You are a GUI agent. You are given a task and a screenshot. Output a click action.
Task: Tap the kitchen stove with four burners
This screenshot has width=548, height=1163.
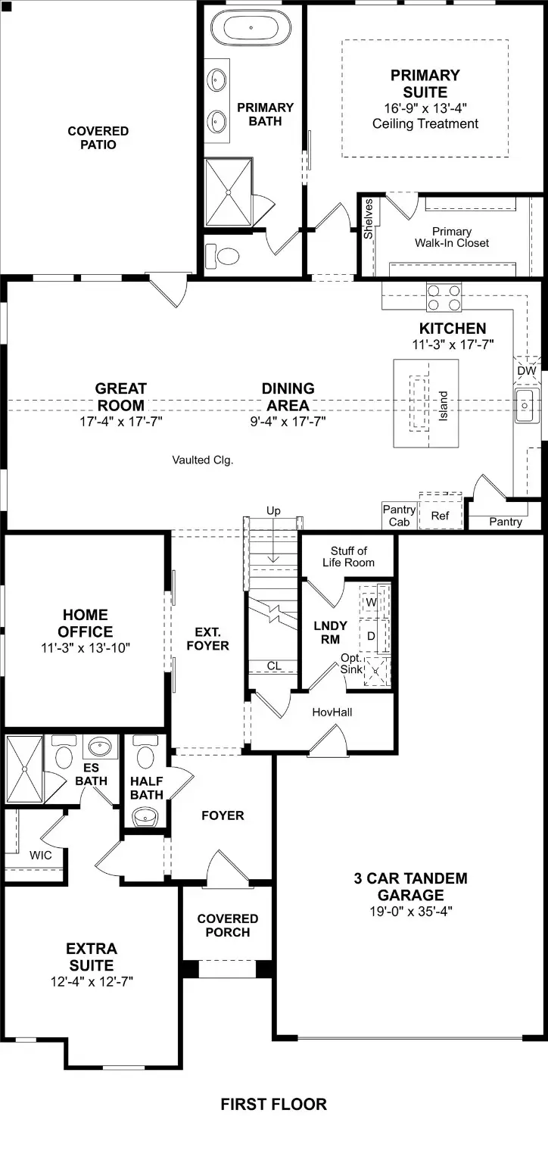coord(444,296)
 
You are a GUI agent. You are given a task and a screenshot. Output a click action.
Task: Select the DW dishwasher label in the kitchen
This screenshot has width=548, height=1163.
coord(526,371)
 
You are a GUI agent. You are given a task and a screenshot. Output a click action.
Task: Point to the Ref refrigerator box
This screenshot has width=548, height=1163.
coord(440,516)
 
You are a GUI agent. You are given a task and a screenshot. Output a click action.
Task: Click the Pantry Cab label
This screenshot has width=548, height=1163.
coord(398,516)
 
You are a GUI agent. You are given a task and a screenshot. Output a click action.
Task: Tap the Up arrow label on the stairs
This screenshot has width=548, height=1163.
coord(273,511)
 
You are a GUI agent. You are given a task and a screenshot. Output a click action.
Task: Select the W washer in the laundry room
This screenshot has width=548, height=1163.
coord(371,602)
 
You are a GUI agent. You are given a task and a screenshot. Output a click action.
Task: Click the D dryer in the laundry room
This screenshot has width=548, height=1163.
coord(371,636)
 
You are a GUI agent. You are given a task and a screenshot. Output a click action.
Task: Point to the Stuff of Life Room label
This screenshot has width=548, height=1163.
coord(348,557)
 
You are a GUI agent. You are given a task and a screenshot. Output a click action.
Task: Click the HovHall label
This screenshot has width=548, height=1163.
coord(332,712)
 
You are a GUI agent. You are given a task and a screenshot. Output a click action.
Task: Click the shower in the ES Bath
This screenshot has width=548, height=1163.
coord(24,768)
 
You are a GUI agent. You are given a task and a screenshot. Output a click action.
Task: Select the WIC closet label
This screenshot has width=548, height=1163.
coord(41,855)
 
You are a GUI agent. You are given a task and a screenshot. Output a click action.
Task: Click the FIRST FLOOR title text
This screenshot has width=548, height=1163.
coord(273,1105)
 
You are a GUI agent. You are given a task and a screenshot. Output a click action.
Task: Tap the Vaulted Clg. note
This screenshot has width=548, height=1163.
coord(202,460)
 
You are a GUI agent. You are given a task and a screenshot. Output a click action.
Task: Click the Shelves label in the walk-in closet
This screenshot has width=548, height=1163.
coord(369,219)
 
